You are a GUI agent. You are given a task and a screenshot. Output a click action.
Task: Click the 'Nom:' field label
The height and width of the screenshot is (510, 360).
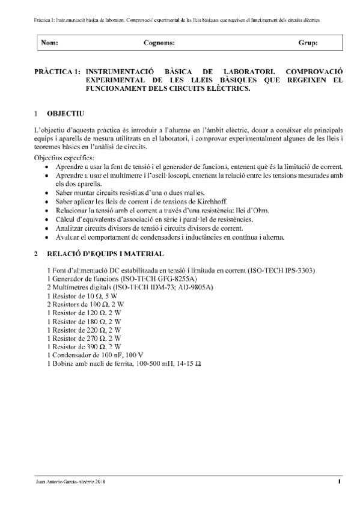click(50, 43)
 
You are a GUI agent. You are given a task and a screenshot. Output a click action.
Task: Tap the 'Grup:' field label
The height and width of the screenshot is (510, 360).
click(308, 43)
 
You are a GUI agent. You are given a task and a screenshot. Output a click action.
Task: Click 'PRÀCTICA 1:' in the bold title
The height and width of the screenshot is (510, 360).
click(58, 71)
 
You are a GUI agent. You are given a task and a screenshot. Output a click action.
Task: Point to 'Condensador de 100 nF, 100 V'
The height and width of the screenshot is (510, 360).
click(96, 356)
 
